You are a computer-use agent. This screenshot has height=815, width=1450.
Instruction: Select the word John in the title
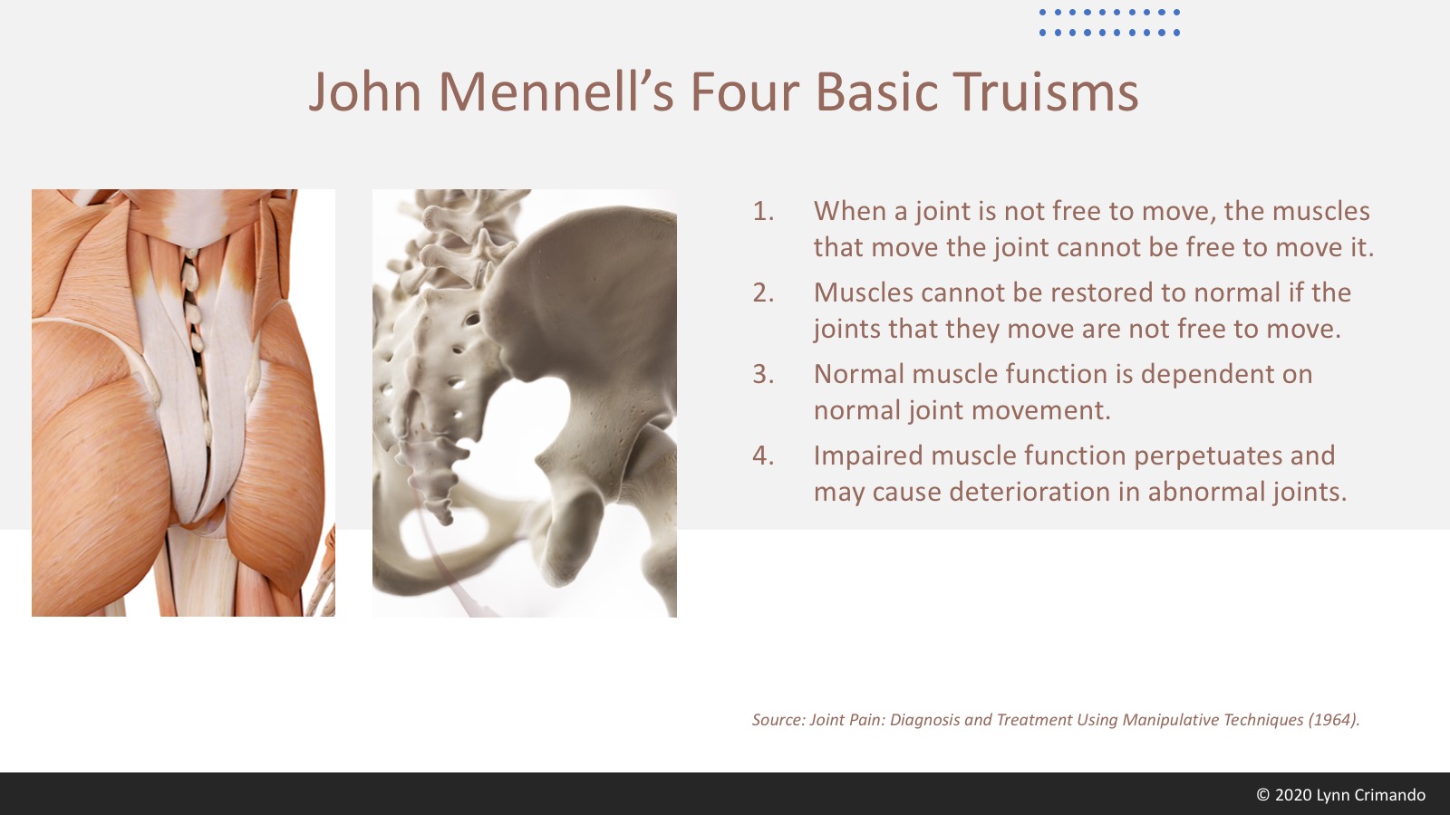coord(365,91)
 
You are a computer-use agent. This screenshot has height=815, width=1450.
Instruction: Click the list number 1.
coord(762,212)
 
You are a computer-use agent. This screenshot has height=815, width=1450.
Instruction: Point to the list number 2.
coord(762,293)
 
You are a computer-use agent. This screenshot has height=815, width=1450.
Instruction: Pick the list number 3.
coord(762,375)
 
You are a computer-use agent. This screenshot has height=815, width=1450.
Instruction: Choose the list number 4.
coord(762,456)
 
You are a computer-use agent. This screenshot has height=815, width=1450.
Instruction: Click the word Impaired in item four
coord(867,456)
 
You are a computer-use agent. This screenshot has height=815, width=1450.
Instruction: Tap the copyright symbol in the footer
coord(1263,795)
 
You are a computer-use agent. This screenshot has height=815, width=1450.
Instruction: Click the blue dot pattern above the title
coord(1109,22)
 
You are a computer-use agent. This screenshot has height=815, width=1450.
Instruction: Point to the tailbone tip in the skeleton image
coord(445,520)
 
